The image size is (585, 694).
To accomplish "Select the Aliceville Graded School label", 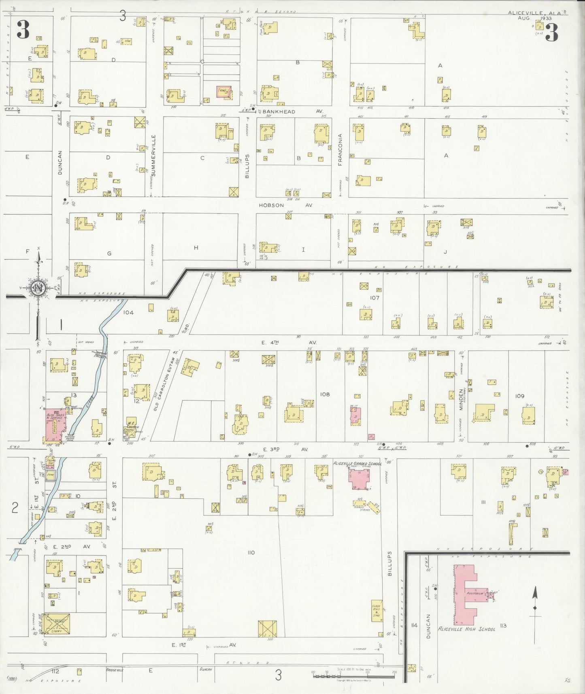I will tap(357, 463).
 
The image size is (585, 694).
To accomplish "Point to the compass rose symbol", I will tap(37, 288).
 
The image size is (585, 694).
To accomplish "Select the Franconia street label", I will tap(340, 150).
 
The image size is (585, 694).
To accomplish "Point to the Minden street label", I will tap(460, 399).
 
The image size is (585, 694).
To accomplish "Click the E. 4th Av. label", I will tap(288, 343).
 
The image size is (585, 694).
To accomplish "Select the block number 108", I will tap(325, 394).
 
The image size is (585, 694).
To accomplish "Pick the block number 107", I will tap(374, 298).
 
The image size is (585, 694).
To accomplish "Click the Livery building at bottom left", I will tap(56, 624).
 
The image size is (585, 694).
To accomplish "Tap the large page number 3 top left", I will tap(23, 30).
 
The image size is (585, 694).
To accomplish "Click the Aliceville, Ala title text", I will tap(534, 13).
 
